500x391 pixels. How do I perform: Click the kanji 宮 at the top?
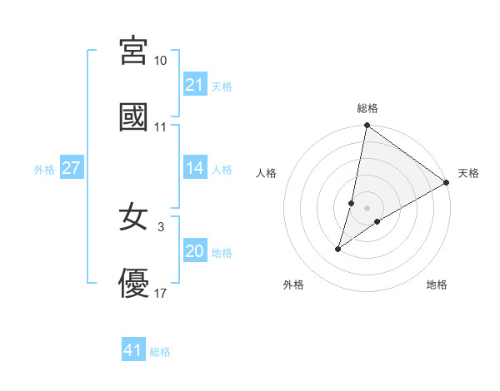133,52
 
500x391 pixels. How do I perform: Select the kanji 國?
133,117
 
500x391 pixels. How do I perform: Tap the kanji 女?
133,217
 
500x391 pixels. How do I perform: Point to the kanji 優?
133,283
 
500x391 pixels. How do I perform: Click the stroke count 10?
161,61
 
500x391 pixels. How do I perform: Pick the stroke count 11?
161,127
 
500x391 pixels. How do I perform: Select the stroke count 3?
161,226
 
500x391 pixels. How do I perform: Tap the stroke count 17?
161,293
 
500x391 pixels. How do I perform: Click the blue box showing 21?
194,85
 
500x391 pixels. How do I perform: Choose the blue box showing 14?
194,168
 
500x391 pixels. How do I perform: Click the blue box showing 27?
71,168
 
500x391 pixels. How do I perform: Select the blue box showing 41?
133,350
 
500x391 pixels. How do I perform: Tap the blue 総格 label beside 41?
160,352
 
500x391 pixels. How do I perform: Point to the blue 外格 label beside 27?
44,170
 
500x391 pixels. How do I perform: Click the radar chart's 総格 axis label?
367,108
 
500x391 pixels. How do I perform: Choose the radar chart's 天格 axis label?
468,173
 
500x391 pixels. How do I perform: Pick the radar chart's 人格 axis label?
267,173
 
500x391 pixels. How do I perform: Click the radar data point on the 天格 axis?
447,183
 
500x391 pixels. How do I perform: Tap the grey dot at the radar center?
367,208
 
